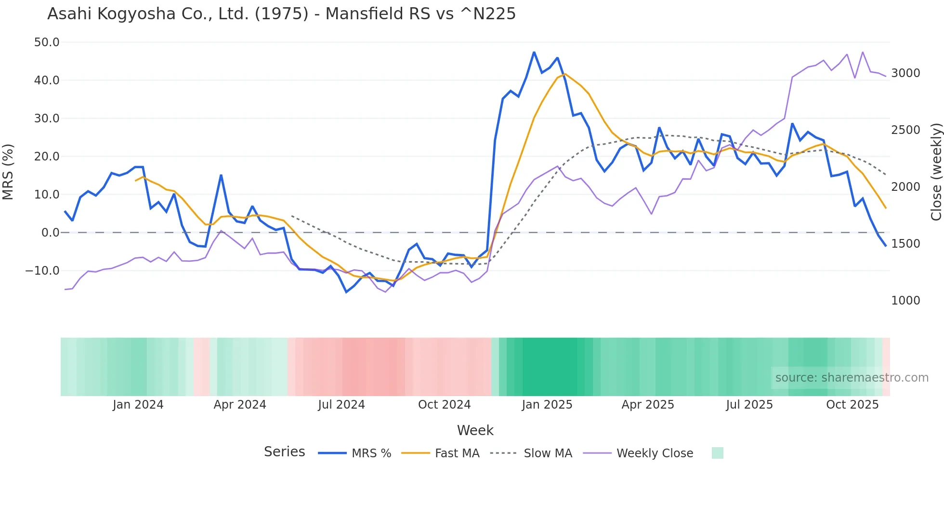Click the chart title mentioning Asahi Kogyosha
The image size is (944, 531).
click(x=281, y=14)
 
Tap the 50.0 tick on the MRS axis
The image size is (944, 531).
click(x=47, y=42)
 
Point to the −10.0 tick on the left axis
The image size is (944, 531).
click(x=42, y=271)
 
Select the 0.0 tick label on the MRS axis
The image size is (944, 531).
click(x=50, y=233)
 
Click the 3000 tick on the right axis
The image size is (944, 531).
click(x=905, y=73)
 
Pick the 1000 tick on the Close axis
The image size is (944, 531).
click(x=905, y=301)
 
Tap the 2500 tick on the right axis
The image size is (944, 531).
click(x=905, y=130)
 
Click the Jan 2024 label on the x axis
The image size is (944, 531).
click(x=138, y=405)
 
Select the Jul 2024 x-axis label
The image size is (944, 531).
click(x=341, y=405)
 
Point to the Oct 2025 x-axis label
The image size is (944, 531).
click(x=852, y=405)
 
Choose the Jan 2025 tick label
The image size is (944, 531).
click(x=547, y=405)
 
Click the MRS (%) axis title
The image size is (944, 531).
click(x=8, y=172)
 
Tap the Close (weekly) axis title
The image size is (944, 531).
click(x=936, y=172)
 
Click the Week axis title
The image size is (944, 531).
click(x=475, y=430)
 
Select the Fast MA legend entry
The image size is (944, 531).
click(x=457, y=453)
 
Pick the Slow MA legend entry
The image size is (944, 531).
click(x=548, y=453)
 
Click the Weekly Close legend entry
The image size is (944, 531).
click(x=655, y=453)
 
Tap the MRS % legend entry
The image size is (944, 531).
click(x=371, y=453)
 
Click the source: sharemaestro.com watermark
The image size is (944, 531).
click(x=852, y=378)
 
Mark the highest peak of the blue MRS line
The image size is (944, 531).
click(x=534, y=52)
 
